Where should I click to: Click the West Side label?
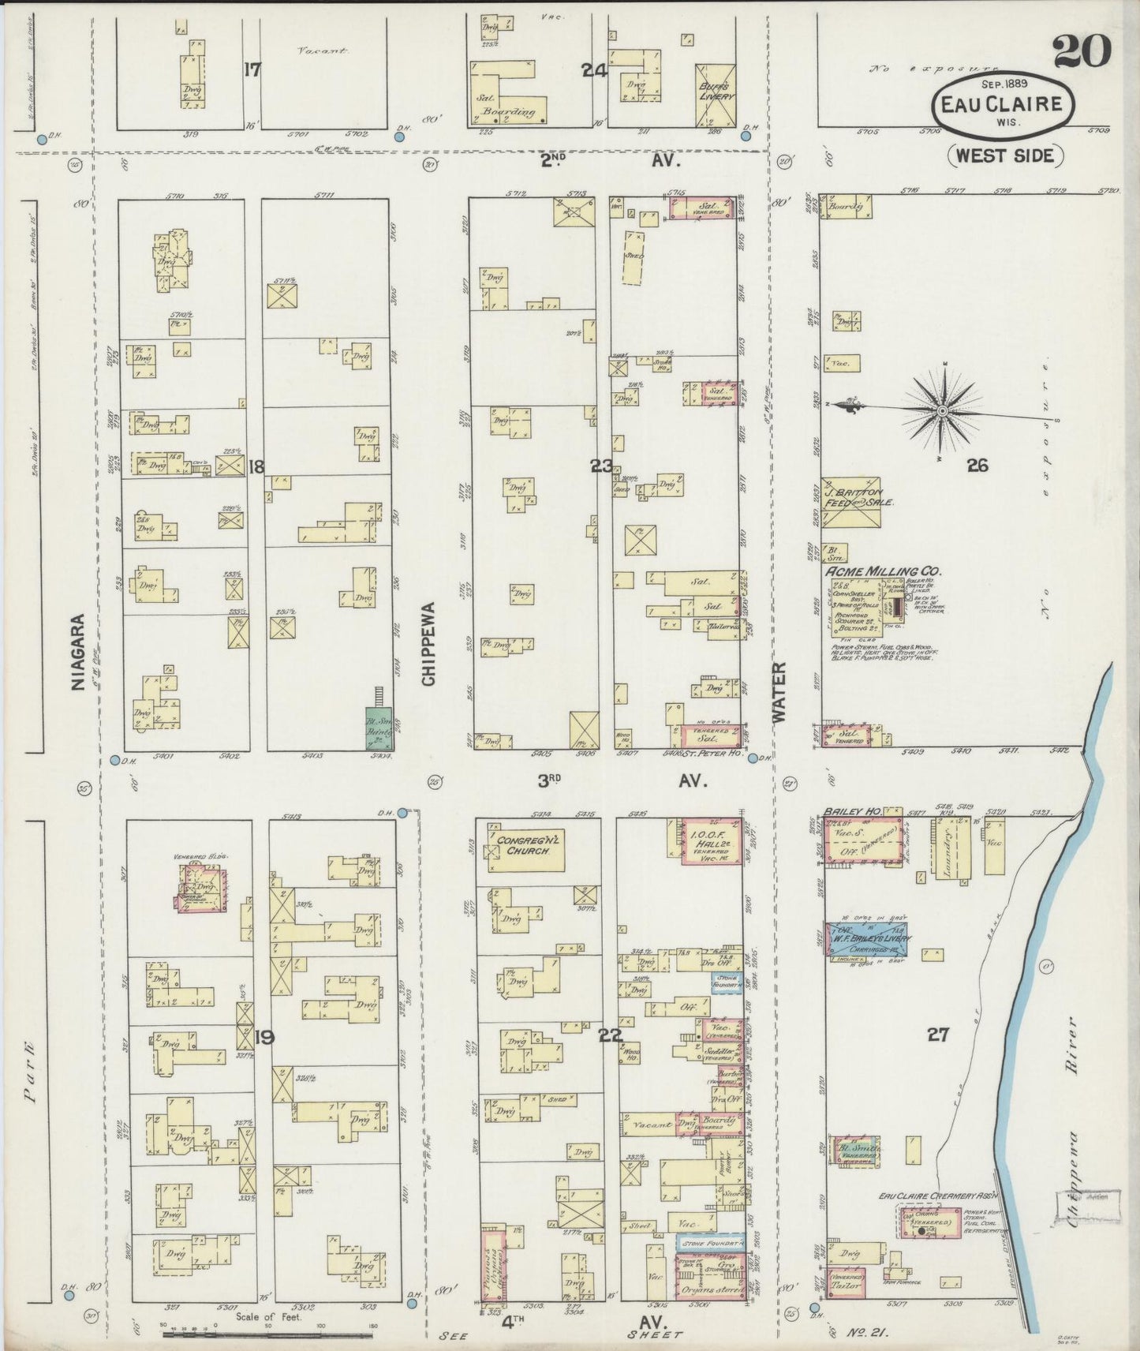coord(1004,155)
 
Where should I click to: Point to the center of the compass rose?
coord(944,411)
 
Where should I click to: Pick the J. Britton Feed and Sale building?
coord(852,503)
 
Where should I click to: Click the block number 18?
coord(256,467)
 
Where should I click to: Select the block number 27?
coord(937,1035)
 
